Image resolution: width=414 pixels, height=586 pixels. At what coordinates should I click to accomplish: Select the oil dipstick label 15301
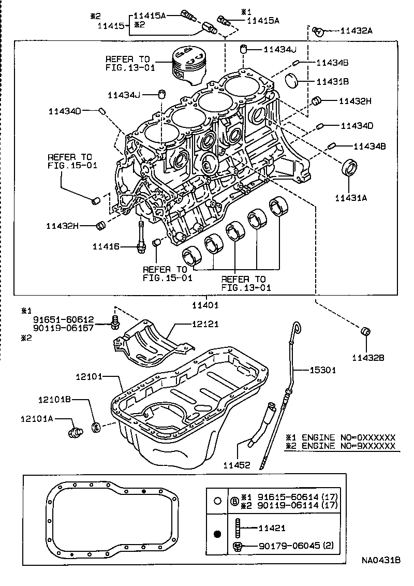pyautogui.click(x=323, y=370)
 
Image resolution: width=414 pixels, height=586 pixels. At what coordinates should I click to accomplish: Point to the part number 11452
pyautogui.click(x=238, y=465)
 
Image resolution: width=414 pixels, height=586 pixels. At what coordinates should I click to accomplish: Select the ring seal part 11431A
pyautogui.click(x=350, y=169)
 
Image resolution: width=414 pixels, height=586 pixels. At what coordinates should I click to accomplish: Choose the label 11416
pyautogui.click(x=106, y=246)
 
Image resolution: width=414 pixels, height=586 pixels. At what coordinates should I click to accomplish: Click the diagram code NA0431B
pyautogui.click(x=380, y=561)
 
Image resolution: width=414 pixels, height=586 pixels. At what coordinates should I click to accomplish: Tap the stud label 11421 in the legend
pyautogui.click(x=272, y=528)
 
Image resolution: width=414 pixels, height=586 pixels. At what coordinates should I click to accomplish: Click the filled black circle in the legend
pyautogui.click(x=218, y=534)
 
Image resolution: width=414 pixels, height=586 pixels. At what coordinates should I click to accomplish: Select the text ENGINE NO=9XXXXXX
pyautogui.click(x=348, y=446)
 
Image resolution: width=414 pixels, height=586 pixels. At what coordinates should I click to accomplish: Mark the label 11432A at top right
pyautogui.click(x=357, y=31)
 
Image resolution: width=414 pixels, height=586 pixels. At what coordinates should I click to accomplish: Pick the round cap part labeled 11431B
pyautogui.click(x=294, y=81)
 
